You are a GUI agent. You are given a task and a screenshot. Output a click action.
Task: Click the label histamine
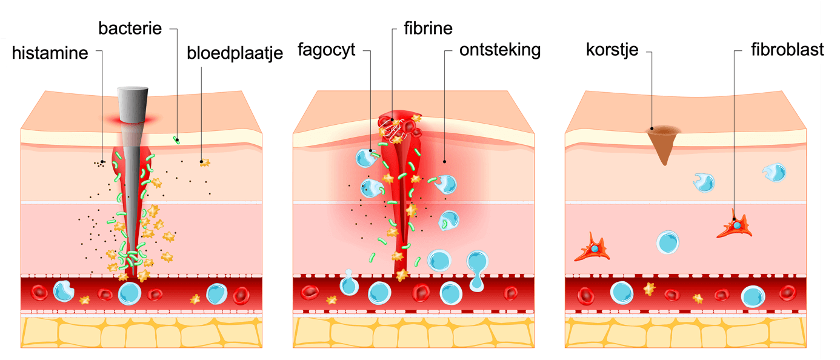click(x=50, y=53)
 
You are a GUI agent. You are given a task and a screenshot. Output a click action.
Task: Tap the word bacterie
click(x=130, y=28)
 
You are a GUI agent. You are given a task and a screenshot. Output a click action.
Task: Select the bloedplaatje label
click(x=235, y=53)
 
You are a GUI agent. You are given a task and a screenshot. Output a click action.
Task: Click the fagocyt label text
click(x=325, y=50)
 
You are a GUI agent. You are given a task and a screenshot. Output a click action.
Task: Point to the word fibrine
click(x=428, y=28)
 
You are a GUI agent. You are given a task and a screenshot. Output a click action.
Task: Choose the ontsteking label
click(x=499, y=50)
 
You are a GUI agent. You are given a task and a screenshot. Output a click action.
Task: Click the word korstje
click(x=612, y=50)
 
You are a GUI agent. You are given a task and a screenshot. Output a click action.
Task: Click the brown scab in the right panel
click(x=664, y=142)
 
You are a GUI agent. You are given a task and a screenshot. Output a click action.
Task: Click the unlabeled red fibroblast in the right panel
click(x=593, y=248)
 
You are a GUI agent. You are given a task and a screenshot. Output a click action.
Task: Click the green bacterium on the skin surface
click(x=176, y=140)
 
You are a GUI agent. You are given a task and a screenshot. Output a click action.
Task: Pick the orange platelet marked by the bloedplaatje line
click(x=204, y=162)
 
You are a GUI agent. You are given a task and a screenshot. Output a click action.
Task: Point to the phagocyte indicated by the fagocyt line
click(x=366, y=158)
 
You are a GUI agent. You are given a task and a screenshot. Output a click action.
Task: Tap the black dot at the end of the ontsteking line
click(x=444, y=161)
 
